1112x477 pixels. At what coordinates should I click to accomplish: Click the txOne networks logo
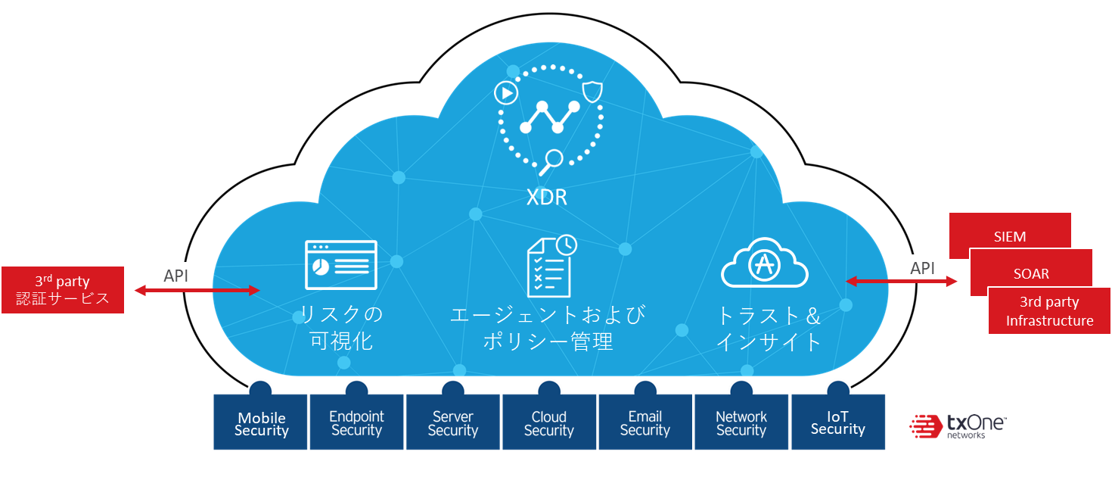[x=946, y=429]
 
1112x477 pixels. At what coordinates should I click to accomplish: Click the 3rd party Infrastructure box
[x=1049, y=311]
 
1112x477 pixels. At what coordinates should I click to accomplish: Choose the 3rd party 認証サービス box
[x=63, y=290]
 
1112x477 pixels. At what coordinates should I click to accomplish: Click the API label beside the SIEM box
[x=922, y=268]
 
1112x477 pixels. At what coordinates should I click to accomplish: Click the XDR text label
[x=547, y=198]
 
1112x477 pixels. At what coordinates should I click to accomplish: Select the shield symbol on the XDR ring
[x=592, y=92]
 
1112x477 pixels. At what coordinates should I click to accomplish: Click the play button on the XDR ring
[x=505, y=93]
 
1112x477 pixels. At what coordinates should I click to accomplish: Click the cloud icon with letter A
[x=764, y=263]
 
